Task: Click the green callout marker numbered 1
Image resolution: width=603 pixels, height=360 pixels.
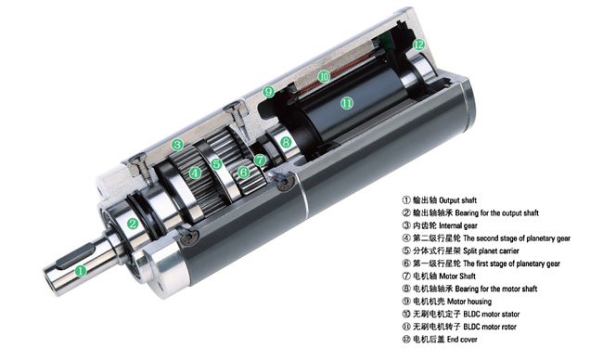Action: (81, 271)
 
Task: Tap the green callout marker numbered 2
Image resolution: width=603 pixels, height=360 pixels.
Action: (133, 224)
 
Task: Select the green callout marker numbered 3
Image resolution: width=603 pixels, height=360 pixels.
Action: (177, 145)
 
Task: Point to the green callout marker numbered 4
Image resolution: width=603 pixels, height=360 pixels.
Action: (196, 173)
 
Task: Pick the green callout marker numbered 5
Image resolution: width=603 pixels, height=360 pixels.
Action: (216, 164)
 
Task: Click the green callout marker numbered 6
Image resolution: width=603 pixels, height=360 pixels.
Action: (243, 172)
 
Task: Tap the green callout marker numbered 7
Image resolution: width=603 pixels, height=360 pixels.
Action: (260, 160)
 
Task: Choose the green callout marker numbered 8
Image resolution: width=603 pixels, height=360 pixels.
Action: (286, 142)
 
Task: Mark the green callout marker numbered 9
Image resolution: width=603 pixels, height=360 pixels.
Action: (268, 92)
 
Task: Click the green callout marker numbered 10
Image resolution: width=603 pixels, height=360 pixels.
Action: (324, 76)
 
